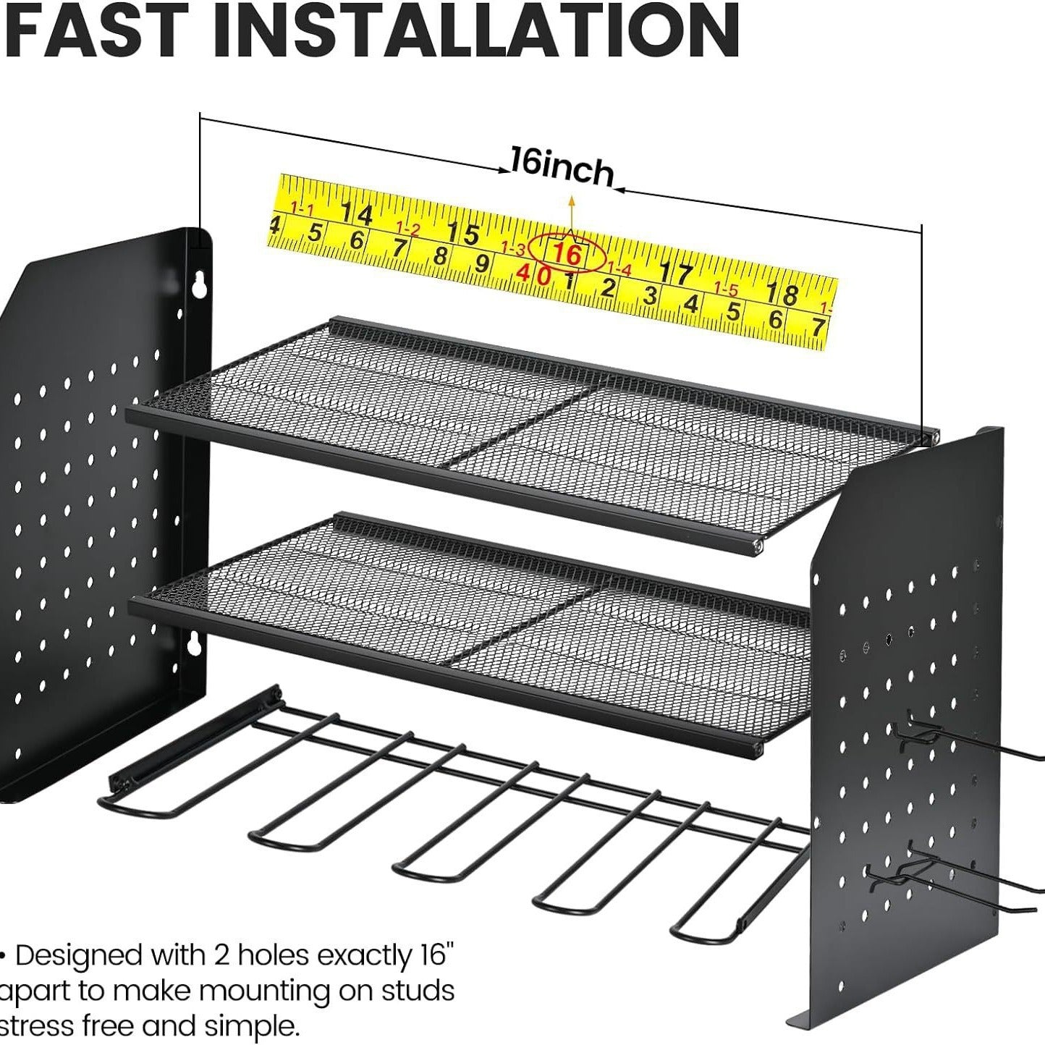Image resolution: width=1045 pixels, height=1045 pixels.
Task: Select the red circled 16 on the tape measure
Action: pyautogui.click(x=567, y=253)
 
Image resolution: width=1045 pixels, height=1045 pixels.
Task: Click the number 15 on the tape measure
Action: pyautogui.click(x=463, y=233)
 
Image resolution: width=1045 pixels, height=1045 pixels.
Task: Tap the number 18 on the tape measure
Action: pyautogui.click(x=782, y=293)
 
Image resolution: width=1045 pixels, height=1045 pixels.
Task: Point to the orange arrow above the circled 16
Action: pyautogui.click(x=570, y=215)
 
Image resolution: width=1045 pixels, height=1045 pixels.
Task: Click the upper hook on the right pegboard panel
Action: pyautogui.click(x=970, y=741)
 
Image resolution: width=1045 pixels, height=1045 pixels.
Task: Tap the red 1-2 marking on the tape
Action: pyautogui.click(x=408, y=229)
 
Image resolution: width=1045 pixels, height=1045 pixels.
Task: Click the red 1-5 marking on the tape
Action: pyautogui.click(x=726, y=289)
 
